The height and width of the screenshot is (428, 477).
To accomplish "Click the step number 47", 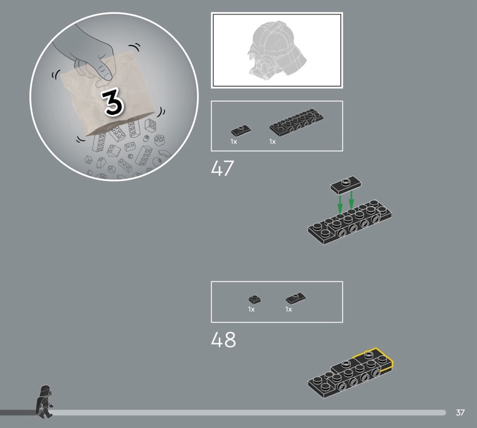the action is [222, 168].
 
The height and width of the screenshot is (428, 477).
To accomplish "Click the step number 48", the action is [223, 340].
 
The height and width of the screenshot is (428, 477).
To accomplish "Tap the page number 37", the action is [460, 413].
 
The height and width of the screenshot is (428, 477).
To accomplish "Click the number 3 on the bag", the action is [113, 102].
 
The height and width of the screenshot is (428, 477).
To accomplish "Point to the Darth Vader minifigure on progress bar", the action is [44, 402].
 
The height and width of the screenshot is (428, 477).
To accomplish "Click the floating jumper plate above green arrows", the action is [346, 185].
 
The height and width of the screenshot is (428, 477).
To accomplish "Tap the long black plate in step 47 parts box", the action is [296, 122].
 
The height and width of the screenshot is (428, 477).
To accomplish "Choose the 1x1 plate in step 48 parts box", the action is [255, 299].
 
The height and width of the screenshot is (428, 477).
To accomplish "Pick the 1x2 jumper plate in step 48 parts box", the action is [296, 298].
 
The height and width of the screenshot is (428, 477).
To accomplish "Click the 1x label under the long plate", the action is [272, 142].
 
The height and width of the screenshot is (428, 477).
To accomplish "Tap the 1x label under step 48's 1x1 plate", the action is [251, 309].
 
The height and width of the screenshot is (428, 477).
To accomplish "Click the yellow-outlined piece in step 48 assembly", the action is [373, 359].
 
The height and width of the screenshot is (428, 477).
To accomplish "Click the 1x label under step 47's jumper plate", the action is [234, 142].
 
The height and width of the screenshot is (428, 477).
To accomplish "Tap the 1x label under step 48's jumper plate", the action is [289, 309].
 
